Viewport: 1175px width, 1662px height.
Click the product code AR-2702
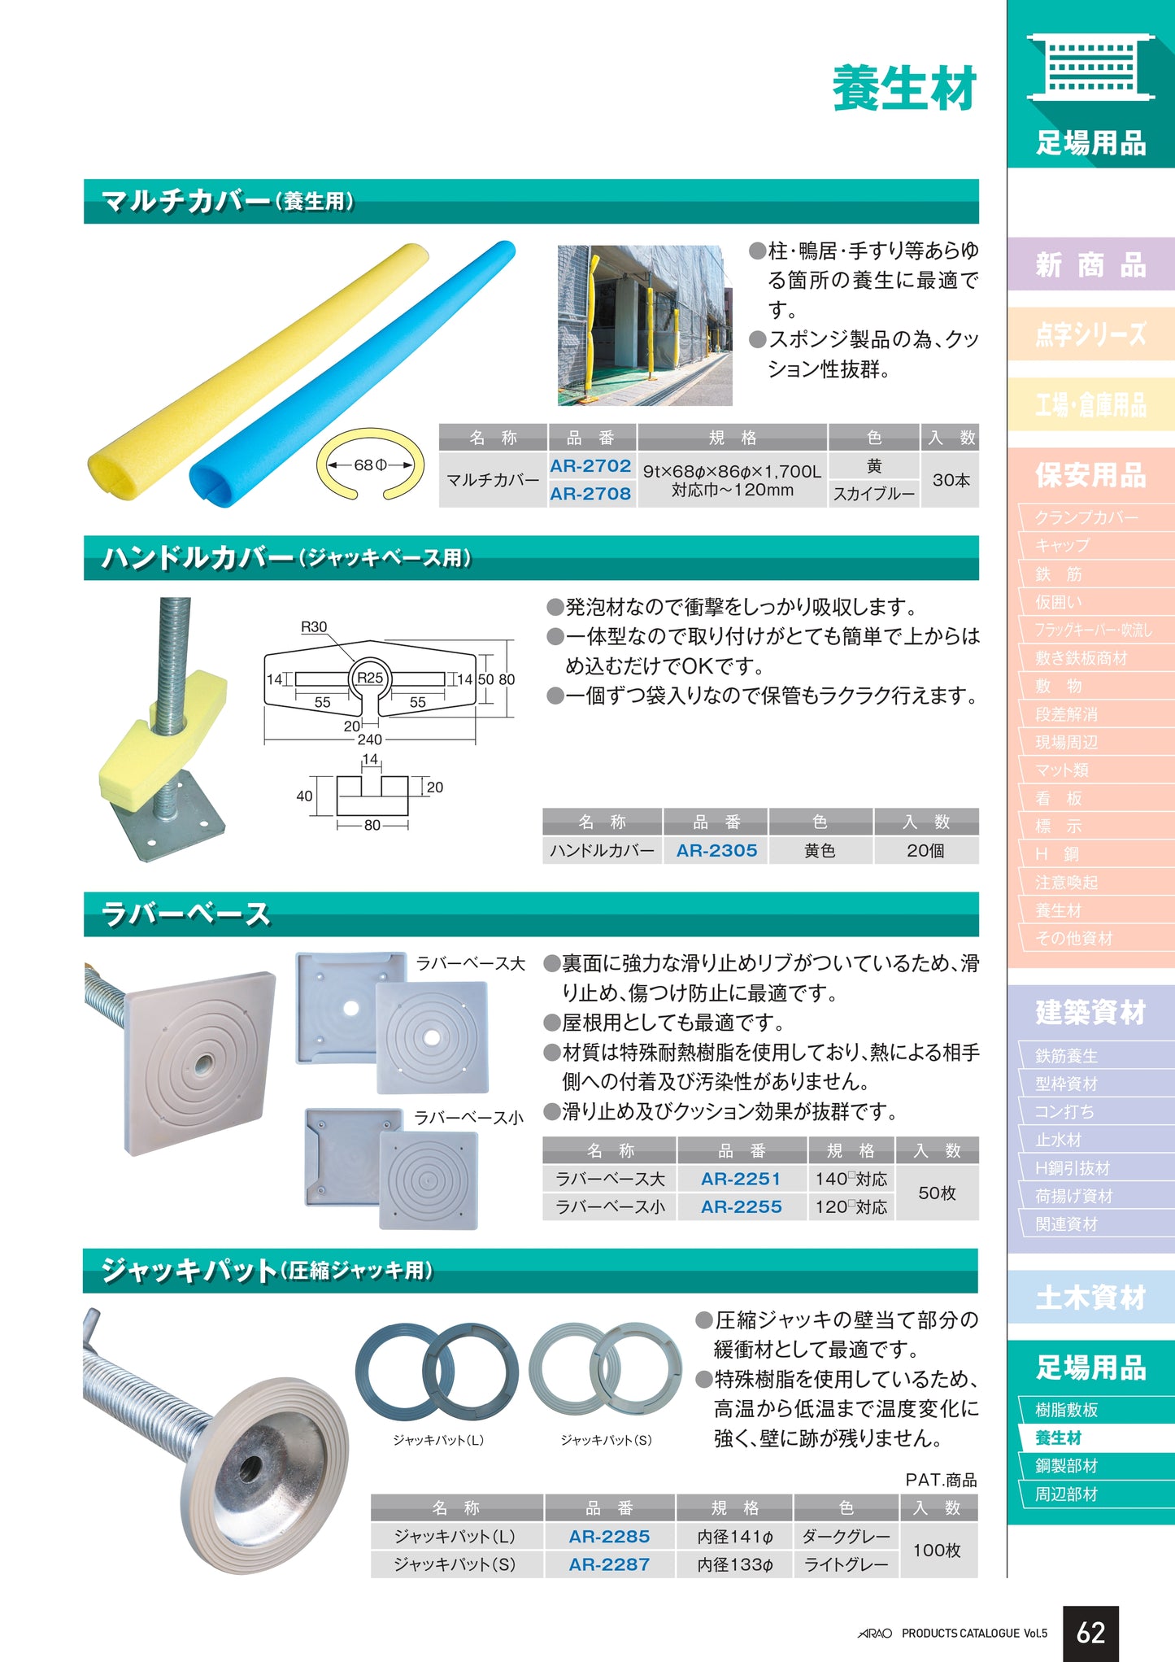pos(590,465)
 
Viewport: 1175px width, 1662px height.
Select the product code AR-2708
pos(590,493)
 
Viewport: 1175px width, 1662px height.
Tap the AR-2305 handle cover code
pos(716,850)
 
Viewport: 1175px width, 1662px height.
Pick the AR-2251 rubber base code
pos(741,1179)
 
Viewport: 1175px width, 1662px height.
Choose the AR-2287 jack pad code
pos(609,1564)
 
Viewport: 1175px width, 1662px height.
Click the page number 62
pos(1090,1633)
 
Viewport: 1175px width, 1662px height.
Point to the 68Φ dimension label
pos(370,465)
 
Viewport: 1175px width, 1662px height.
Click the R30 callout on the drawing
pos(314,626)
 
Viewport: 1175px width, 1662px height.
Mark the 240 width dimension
pos(369,739)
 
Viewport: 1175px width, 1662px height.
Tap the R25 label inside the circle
pos(370,678)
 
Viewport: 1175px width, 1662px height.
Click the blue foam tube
pos(352,374)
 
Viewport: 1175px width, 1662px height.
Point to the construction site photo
pos(645,325)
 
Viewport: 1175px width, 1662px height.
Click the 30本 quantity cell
pos(951,480)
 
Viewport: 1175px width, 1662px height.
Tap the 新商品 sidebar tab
pos(1090,264)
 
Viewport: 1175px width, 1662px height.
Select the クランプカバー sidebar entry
pos(1086,517)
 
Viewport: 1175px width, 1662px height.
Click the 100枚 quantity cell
pos(938,1550)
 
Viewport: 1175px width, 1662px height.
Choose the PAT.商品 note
pos(941,1480)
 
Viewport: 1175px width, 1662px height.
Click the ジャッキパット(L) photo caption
pos(438,1440)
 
